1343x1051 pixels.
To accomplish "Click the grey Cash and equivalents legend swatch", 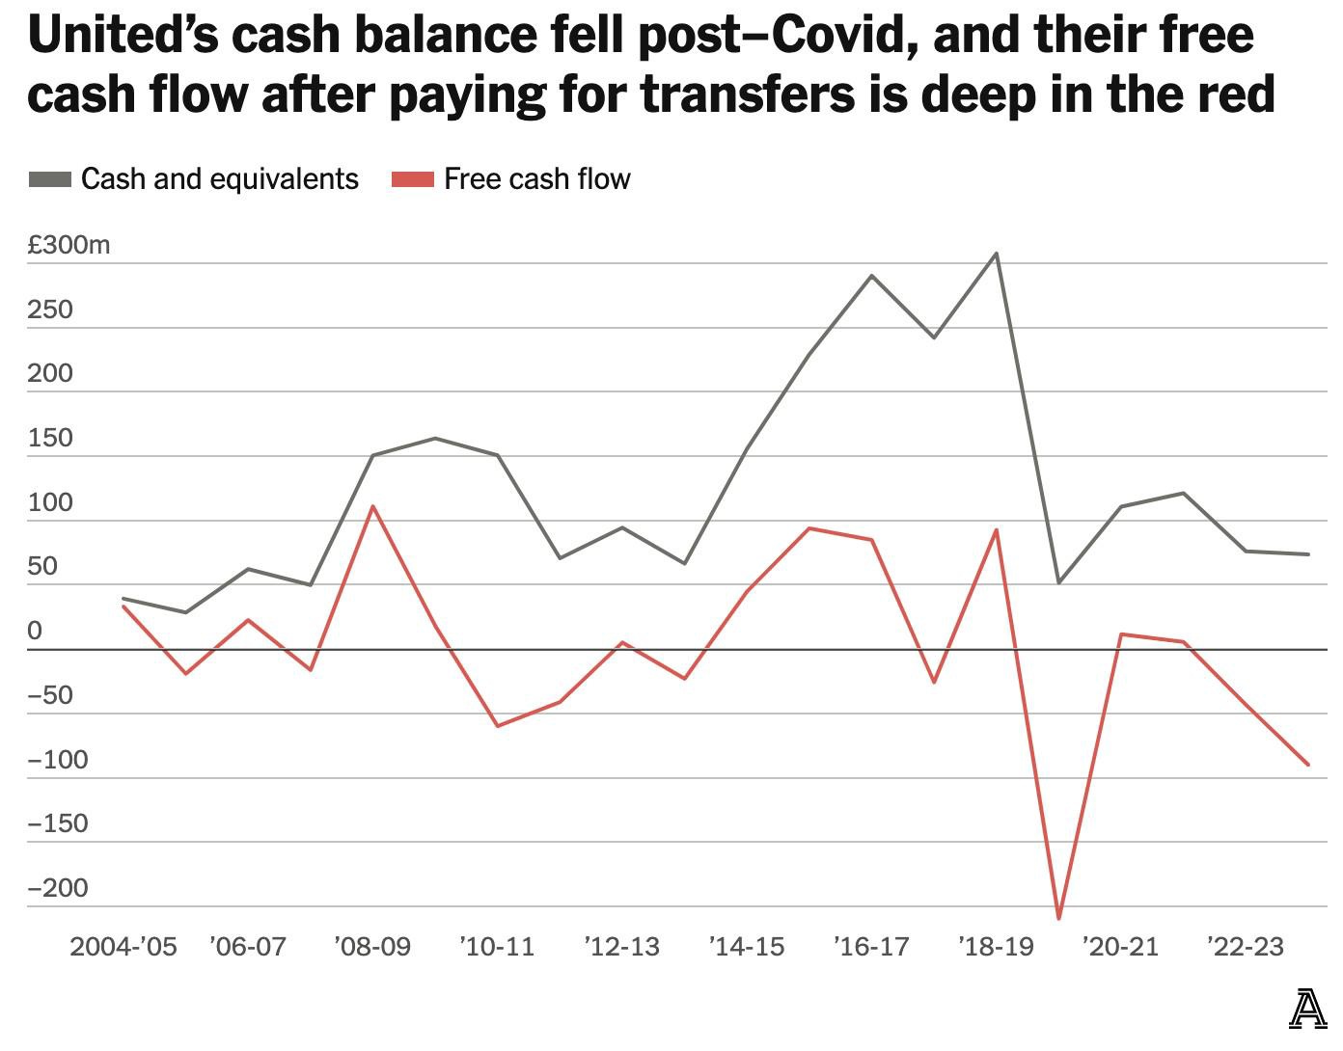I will coord(49,179).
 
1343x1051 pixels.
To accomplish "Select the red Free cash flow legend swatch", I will coord(412,179).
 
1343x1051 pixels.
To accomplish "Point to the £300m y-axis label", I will coord(69,245).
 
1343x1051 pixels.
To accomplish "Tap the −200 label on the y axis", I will coord(57,888).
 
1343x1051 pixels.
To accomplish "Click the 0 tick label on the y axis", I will coord(35,631).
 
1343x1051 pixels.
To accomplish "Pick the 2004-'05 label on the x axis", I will coord(123,947).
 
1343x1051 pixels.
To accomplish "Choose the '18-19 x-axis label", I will coord(996,947).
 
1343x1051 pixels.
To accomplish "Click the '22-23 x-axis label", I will coord(1245,947).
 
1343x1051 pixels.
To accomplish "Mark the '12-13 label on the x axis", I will coord(621,947).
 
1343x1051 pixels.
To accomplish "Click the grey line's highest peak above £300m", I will coord(997,254).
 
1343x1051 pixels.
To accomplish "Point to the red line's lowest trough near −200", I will coord(1058,918).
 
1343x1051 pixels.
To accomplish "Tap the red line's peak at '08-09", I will coord(372,506).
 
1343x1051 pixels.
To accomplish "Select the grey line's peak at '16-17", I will coord(872,276).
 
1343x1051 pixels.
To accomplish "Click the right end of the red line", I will coord(1308,765).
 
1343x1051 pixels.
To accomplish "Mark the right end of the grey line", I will coord(1308,554).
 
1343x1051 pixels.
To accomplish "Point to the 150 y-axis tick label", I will coord(50,438).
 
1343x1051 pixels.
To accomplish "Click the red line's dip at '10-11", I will coord(498,726).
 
